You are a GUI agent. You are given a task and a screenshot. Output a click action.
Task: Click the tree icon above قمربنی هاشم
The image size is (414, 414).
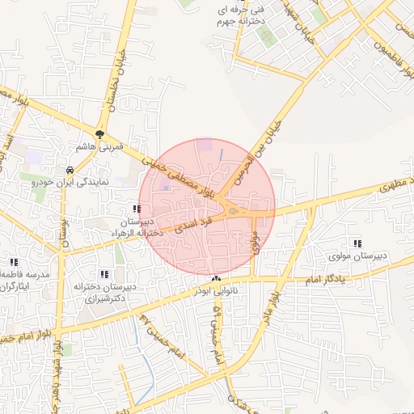[99, 134]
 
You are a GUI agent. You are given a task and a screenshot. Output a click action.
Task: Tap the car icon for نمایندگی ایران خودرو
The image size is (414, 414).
[71, 171]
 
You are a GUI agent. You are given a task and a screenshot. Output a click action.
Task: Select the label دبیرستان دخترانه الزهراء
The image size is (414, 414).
[137, 226]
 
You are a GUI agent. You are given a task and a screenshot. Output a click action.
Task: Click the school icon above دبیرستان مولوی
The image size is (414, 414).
[357, 243]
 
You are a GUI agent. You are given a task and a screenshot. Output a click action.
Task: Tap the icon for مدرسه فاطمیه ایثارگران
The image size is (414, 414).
[14, 262]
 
